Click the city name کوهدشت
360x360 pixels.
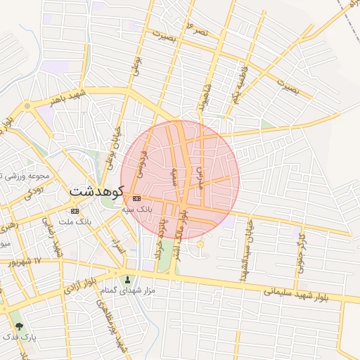coord(96,191)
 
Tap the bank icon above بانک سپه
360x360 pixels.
coord(136,199)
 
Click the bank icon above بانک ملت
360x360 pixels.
coord(75,211)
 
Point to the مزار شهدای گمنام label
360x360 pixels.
coord(127,290)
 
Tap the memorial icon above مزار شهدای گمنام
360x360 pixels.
coord(127,279)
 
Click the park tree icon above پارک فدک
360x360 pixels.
coord(18,326)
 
